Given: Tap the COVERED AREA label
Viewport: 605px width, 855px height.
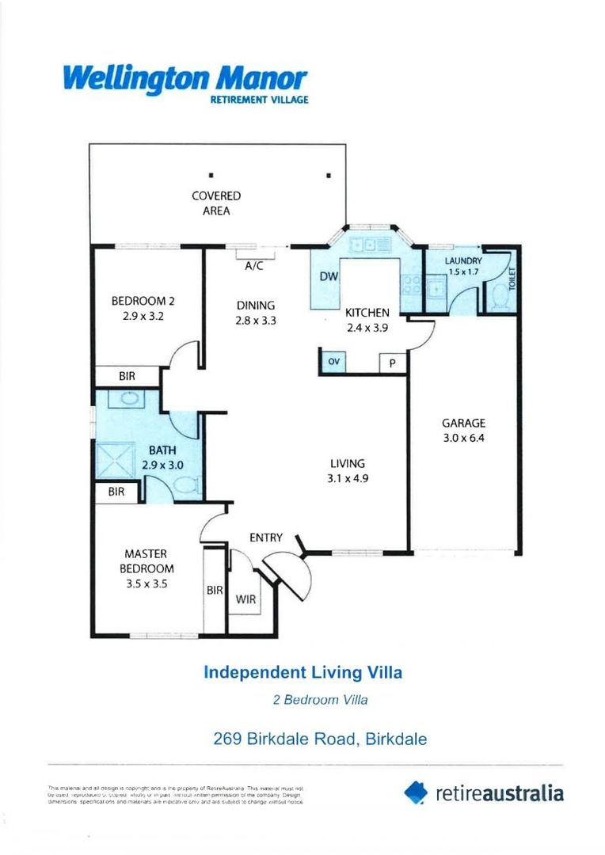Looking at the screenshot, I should (x=216, y=203).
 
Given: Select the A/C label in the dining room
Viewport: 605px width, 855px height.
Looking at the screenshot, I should (x=253, y=267).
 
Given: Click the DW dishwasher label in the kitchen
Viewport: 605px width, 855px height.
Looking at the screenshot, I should (x=329, y=277).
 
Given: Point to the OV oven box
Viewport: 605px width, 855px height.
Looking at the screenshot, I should (x=333, y=362).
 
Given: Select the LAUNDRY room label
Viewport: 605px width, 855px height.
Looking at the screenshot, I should (x=463, y=266).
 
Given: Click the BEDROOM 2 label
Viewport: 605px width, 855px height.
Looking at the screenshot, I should (x=143, y=307).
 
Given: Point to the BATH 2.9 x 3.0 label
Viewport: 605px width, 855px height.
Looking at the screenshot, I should (x=162, y=458).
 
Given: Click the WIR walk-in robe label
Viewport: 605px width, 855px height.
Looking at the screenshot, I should (x=245, y=599).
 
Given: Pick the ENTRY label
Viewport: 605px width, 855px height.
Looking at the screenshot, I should (x=266, y=538).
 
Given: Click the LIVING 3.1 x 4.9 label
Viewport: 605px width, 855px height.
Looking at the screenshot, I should (x=347, y=470).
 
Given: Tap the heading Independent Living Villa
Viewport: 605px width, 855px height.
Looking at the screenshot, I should (x=302, y=673).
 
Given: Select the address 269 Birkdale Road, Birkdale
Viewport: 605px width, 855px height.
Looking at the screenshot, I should (x=320, y=739).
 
